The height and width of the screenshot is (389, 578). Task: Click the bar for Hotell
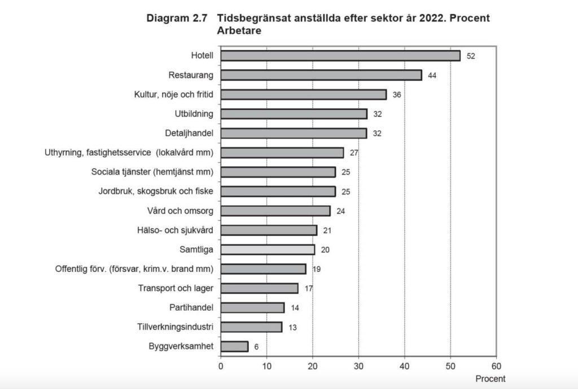coord(340,55)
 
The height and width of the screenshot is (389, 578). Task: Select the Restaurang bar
coord(321,75)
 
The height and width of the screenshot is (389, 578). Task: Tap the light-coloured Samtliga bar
coord(267,249)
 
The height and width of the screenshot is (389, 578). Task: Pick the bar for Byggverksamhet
coord(234,346)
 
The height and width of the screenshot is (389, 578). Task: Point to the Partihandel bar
coord(252,307)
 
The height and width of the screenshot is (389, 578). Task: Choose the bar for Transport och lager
coord(259,288)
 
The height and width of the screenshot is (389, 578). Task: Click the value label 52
coord(470,56)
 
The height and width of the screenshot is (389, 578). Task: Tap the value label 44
coord(432,75)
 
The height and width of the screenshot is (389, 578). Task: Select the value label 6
coord(256,347)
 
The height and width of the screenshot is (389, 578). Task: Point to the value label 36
coord(397,95)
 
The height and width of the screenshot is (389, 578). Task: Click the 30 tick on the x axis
coord(358,365)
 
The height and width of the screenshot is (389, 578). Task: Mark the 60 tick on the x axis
coord(496,365)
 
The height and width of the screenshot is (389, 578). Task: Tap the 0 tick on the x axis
coord(221,365)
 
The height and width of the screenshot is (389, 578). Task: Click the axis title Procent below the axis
coord(490,379)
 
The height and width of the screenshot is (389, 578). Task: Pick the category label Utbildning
coord(194,114)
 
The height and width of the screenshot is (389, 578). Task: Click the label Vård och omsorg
coord(180,211)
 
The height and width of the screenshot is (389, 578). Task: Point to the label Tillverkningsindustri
coord(175,327)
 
